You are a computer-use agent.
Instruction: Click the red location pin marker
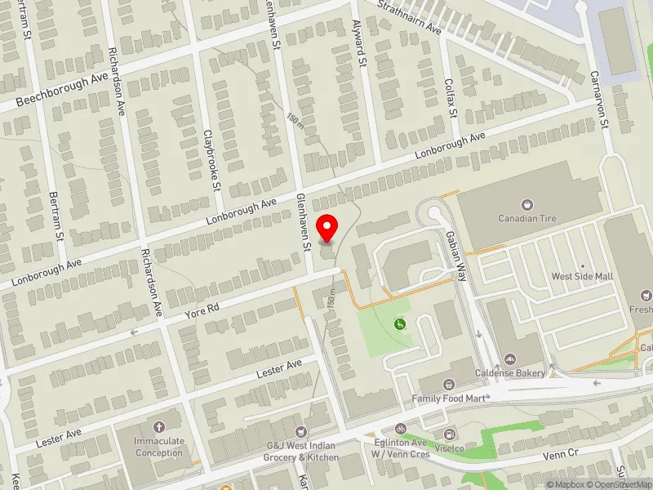pos(327,228)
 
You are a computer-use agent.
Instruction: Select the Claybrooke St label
pos(212,159)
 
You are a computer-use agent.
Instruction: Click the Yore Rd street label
pos(202,310)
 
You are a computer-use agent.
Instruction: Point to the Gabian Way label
pos(455,254)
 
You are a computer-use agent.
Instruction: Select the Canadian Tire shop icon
pos(526,204)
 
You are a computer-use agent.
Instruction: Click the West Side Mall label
pos(582,277)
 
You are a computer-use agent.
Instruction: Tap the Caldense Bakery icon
pos(510,359)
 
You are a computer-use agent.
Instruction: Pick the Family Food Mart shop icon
pos(448,385)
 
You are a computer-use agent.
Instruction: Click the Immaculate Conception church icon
pos(158,426)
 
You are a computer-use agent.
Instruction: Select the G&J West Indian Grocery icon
pos(302,432)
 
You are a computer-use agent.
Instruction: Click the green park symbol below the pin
pos(399,325)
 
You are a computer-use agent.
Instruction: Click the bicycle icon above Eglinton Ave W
pos(400,428)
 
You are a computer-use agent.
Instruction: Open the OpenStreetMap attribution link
pos(617,484)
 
